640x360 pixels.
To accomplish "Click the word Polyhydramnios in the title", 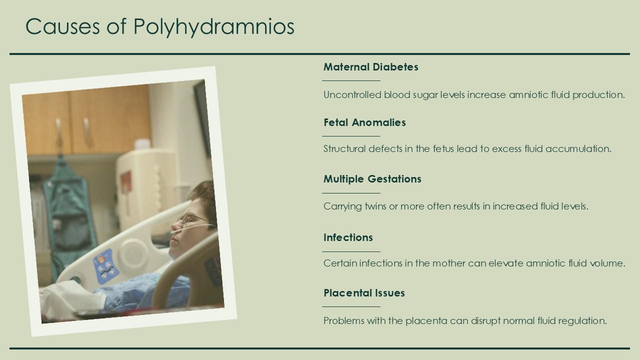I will [x=213, y=27].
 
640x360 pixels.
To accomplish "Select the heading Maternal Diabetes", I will [x=370, y=67].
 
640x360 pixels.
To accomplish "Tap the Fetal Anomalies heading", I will [x=364, y=122].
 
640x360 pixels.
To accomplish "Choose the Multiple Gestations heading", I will [x=372, y=179].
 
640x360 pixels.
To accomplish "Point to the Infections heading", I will [x=348, y=237].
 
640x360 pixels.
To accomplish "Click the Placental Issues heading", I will [x=364, y=293].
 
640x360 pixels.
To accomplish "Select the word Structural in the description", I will [x=344, y=149].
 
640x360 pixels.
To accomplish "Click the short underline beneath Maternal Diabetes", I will [x=351, y=80].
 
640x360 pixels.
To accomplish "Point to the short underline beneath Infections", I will [x=351, y=251].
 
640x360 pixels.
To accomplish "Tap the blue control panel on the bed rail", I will [x=106, y=265].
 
